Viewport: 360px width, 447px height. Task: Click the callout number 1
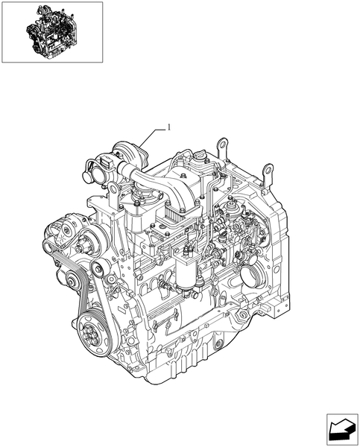point(169,127)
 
